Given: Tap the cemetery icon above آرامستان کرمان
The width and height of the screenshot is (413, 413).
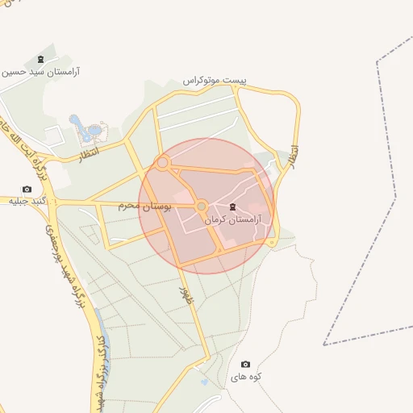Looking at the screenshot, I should point(233,207).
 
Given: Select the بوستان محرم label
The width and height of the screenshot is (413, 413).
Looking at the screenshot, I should point(145,206).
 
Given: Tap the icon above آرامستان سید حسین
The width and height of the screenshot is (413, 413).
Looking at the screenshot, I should point(40,60).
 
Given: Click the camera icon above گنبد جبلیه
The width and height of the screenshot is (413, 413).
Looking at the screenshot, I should point(27,189).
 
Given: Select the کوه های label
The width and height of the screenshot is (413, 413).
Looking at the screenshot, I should point(247,377).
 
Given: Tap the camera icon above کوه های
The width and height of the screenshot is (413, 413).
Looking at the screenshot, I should point(245,365).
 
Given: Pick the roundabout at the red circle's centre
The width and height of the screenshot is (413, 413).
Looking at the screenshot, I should point(202,206).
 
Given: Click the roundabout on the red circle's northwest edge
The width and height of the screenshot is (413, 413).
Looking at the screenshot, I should point(162,163).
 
